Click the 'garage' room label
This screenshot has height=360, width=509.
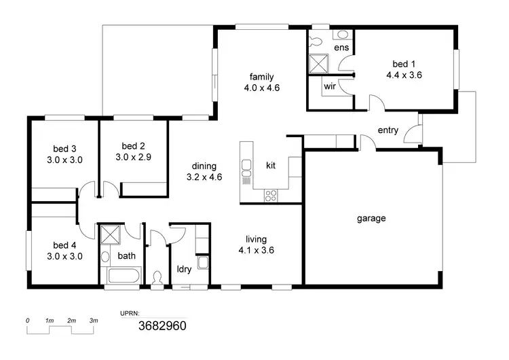coord(371,219)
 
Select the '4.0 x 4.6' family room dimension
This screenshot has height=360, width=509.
coord(262,88)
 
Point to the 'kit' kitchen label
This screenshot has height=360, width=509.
coord(271,165)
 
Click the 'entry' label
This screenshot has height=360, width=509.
coord(388,130)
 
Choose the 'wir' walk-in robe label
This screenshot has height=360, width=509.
coord(330,87)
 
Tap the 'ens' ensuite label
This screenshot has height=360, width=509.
coord(341,48)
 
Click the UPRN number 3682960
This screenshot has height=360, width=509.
coord(162,325)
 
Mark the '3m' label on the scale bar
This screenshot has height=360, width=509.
coord(94,320)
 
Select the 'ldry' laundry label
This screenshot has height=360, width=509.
coord(184,268)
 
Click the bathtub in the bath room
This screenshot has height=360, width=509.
coord(123,277)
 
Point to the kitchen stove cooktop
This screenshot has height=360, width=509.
coord(271,196)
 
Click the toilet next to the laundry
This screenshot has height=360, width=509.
coord(158,278)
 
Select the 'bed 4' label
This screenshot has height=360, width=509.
coord(64,245)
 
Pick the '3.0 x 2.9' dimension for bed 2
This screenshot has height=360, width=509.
coord(133,157)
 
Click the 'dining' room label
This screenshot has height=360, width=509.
coord(204,166)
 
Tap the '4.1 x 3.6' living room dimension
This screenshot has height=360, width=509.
coord(256,250)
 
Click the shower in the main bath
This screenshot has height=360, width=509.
coord(109,235)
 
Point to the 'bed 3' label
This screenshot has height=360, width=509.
coord(64,149)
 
